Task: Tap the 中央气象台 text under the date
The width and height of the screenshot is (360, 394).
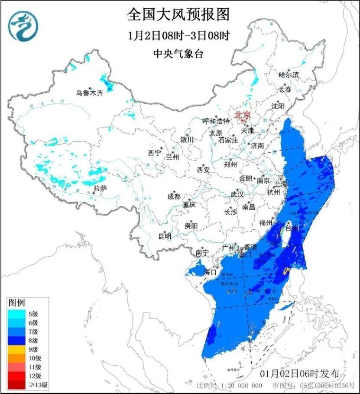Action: coord(178,54)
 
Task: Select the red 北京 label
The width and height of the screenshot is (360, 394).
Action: coord(242,115)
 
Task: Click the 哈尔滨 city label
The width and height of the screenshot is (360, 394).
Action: coord(289,75)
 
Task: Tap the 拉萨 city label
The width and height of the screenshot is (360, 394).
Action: coord(100,188)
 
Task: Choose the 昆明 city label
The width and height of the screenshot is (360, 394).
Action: coord(165,236)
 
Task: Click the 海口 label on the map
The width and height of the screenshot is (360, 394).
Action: coord(210,272)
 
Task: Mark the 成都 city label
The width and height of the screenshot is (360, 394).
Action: coord(173,196)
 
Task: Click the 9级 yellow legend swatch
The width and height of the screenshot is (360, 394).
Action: coord(17,349)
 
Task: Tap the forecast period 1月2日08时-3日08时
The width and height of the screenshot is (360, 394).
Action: coord(178,35)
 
